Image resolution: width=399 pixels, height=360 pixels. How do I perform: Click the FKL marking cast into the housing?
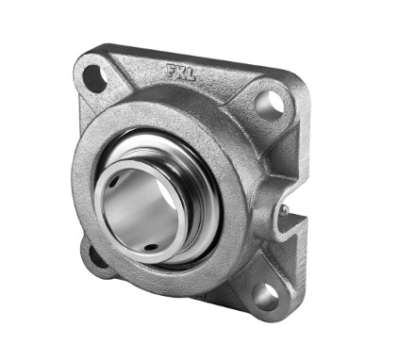pos(181,73)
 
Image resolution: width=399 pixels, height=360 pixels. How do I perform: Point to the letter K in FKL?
pos(181,73)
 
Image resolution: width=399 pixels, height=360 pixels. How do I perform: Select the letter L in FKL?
pos(191,75)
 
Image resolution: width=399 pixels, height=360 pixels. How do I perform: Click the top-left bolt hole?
pos(95,78)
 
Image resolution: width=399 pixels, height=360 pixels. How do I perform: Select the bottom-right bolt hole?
pos(266,297)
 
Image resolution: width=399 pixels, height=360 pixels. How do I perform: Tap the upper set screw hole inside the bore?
pos(115,181)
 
